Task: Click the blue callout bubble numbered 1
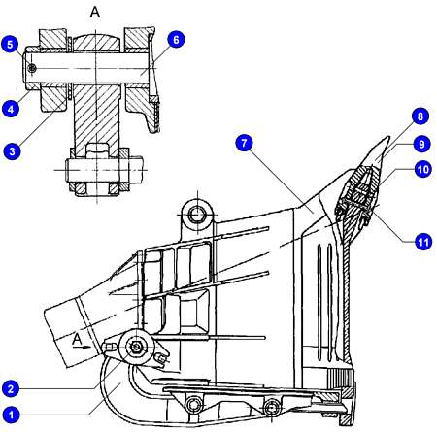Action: [x=11, y=415]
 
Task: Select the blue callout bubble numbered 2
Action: [x=11, y=388]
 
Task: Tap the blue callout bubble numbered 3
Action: [x=12, y=151]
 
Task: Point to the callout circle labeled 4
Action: [x=11, y=109]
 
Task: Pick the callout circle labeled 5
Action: [x=10, y=45]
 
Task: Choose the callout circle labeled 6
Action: [x=176, y=40]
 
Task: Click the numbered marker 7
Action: [x=244, y=143]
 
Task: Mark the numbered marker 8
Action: [x=420, y=116]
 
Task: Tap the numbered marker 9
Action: [x=421, y=144]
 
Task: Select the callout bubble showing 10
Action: [x=422, y=169]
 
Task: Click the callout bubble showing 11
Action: [x=423, y=242]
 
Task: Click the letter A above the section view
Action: [x=95, y=12]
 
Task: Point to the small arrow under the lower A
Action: [x=82, y=347]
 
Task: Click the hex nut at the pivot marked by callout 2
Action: [x=136, y=348]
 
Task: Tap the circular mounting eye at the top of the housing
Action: [x=197, y=215]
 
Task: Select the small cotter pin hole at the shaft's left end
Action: [x=32, y=68]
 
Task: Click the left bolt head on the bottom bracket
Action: [x=195, y=405]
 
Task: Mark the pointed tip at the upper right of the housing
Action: [x=388, y=137]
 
